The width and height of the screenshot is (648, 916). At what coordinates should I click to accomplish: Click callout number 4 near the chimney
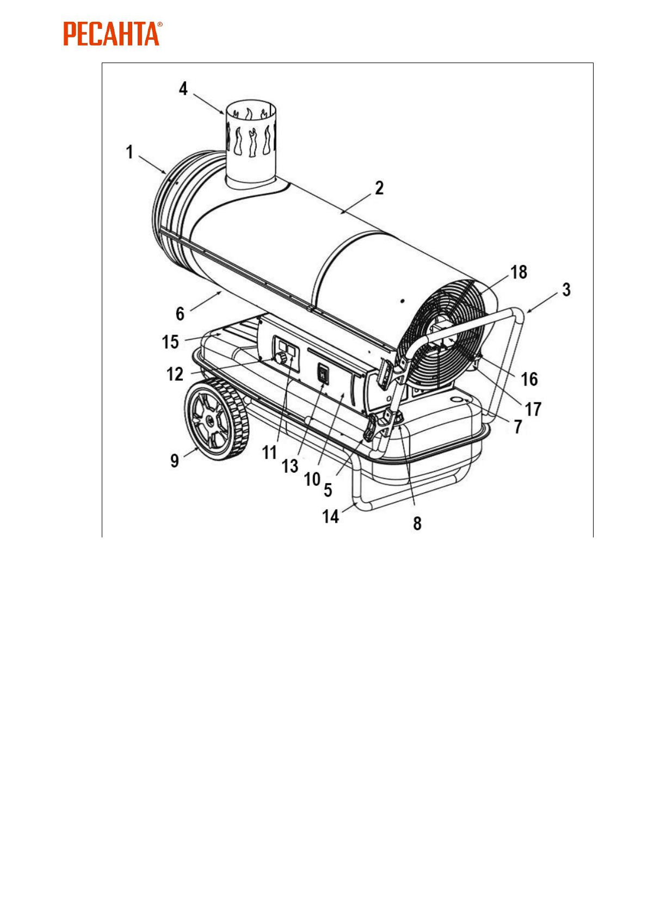(x=183, y=88)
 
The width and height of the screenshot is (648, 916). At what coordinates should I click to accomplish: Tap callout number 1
(x=129, y=152)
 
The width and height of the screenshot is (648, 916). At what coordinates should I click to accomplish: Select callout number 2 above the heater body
(x=379, y=188)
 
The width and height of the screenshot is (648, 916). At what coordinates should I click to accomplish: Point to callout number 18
(x=519, y=271)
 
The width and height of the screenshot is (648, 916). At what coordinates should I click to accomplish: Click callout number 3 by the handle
(x=566, y=289)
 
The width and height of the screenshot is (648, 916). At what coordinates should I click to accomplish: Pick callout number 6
(x=180, y=313)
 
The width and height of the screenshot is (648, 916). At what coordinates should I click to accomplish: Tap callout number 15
(x=170, y=342)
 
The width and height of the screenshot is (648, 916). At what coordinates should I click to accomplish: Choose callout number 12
(x=175, y=374)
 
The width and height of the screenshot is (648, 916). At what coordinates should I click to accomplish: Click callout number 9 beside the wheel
(x=175, y=460)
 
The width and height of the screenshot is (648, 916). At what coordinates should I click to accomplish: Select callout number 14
(x=330, y=516)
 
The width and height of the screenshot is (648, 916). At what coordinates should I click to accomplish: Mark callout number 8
(x=417, y=523)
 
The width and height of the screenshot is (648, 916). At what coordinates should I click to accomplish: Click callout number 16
(x=529, y=379)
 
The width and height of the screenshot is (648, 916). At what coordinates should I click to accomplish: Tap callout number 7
(x=518, y=426)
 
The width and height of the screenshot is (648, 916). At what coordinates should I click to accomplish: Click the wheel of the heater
(x=217, y=419)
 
